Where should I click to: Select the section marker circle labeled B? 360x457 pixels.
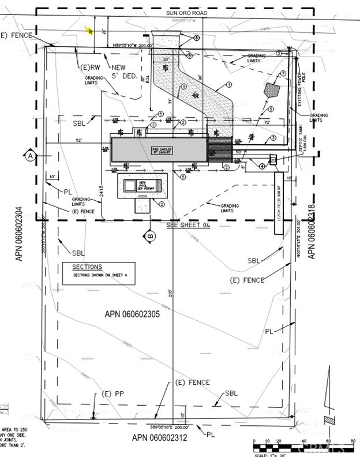click(151, 235)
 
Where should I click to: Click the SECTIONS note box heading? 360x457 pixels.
click(87, 267)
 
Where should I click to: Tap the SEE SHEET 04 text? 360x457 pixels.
click(186, 226)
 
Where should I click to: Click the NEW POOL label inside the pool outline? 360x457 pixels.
click(142, 185)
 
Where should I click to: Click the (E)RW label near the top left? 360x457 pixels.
click(89, 68)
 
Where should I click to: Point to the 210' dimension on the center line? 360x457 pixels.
click(171, 293)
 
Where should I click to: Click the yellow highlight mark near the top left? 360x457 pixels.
click(89, 32)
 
